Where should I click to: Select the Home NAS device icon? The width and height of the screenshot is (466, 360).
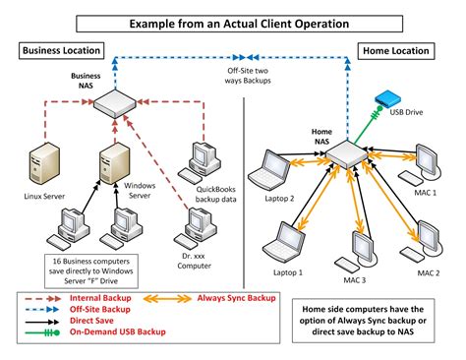(346, 155)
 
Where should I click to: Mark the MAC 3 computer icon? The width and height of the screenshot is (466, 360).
(360, 244)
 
